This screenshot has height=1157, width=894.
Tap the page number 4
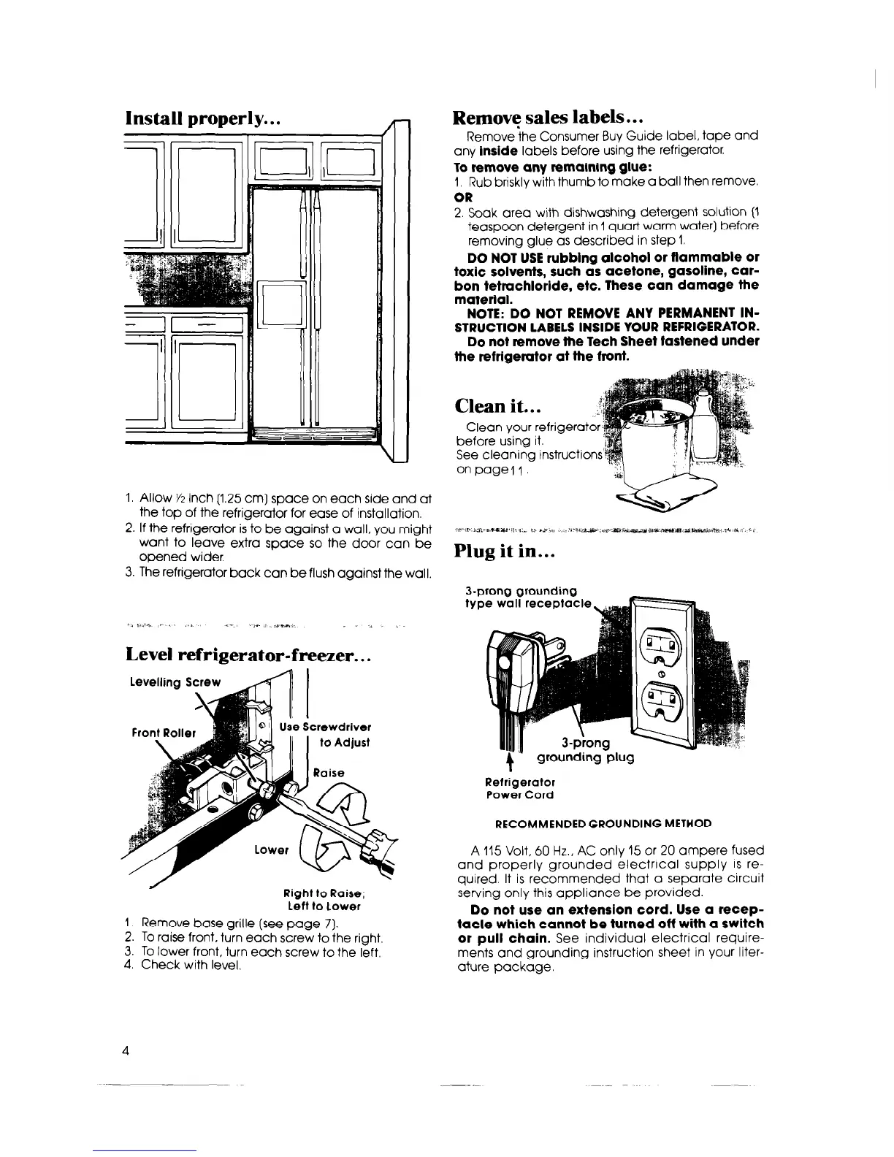coord(126,1050)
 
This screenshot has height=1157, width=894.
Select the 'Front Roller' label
coord(164,733)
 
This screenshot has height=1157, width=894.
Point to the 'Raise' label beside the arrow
coord(327,773)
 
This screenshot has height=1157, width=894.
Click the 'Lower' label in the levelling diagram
coord(272,850)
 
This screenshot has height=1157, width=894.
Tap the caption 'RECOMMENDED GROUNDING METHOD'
coord(603,823)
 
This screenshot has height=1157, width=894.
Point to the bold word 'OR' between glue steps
coord(463,197)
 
